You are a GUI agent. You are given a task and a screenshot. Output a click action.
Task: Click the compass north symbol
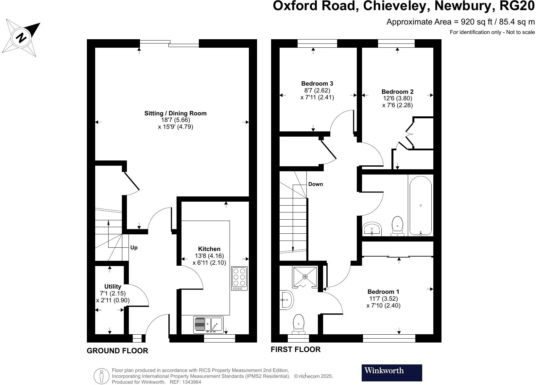[21, 37]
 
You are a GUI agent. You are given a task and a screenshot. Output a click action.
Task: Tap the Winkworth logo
[391, 373]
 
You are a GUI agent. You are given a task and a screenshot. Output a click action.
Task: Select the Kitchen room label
[209, 249]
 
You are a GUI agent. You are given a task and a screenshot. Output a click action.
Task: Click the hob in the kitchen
[239, 278]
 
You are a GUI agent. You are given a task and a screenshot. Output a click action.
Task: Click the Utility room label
[112, 287]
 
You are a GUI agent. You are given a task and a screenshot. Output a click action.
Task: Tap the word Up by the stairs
[134, 248]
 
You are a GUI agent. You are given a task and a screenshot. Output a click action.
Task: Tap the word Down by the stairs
[315, 184]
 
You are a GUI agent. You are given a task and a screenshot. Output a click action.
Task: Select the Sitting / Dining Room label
[175, 113]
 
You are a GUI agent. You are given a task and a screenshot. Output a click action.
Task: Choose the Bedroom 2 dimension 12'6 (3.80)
[397, 98]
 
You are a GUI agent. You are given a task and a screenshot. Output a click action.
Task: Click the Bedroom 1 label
[383, 292]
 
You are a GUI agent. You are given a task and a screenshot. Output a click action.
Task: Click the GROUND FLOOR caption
[117, 351]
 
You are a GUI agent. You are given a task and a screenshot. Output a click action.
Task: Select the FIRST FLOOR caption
[295, 349]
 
